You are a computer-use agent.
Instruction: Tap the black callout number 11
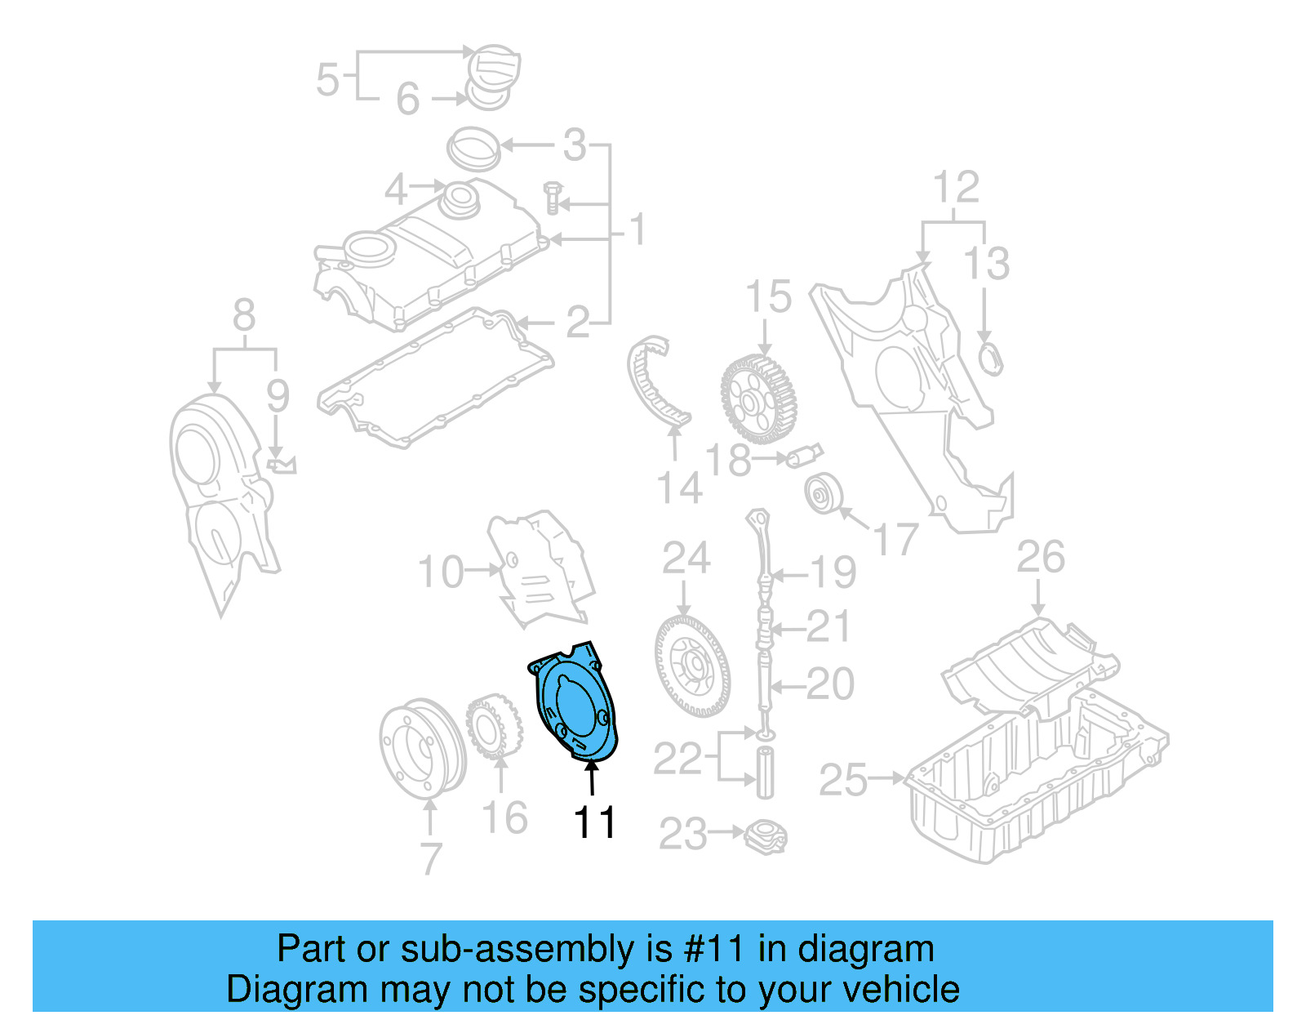(594, 822)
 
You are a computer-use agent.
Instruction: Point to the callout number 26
(1041, 558)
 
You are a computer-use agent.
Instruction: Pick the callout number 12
(956, 188)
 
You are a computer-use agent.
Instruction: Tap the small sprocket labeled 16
(494, 726)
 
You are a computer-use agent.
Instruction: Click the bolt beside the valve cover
(553, 198)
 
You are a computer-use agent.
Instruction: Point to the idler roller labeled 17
(823, 493)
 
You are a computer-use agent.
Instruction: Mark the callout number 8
(244, 315)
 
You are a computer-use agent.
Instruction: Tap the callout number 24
(686, 559)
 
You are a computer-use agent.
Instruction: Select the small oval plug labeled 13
(989, 359)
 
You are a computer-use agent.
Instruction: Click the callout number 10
(441, 572)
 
